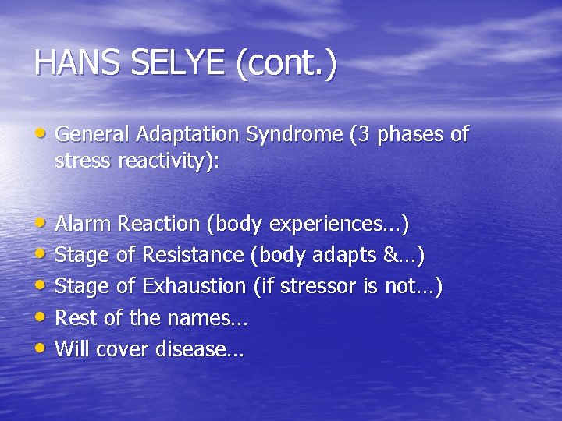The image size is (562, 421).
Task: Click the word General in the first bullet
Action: point(93,135)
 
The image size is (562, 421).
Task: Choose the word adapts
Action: point(350,255)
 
